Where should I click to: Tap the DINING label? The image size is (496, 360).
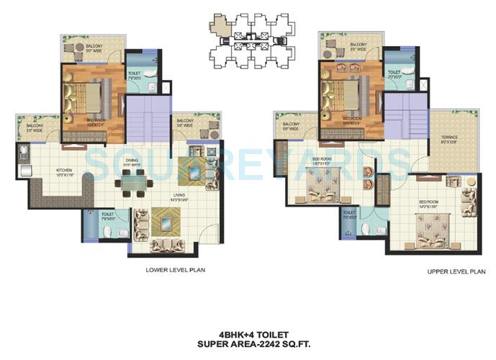(131, 162)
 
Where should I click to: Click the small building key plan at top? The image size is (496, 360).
(248, 44)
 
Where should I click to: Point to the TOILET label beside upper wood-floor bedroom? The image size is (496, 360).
(394, 73)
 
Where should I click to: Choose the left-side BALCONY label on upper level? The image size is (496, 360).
(291, 126)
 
